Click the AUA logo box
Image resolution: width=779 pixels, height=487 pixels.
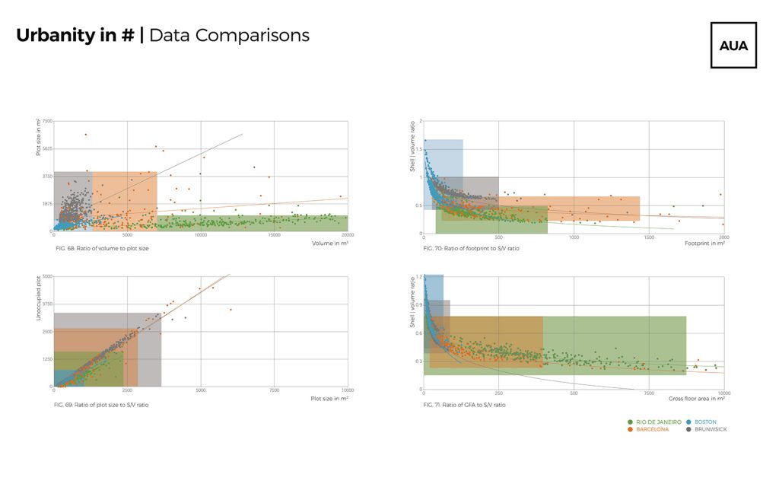(x=733, y=45)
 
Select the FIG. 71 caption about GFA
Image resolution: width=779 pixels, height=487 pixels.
(x=465, y=405)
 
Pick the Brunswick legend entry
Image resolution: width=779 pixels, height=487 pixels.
(x=710, y=430)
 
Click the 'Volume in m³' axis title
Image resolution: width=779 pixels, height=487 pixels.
(x=330, y=243)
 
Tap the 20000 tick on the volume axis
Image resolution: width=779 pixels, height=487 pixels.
(x=348, y=236)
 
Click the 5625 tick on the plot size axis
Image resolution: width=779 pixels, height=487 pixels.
(x=47, y=149)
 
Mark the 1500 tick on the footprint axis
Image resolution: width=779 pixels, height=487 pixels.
(x=649, y=237)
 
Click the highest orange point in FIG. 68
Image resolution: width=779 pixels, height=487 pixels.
(x=85, y=135)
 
